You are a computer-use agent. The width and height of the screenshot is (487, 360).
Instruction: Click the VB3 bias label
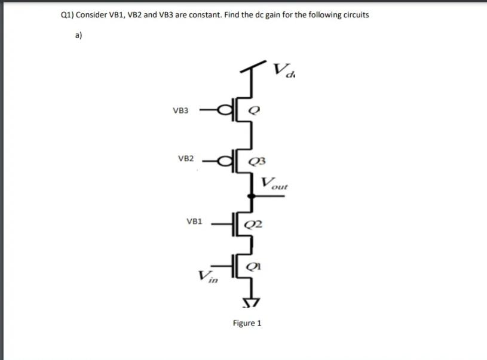pyautogui.click(x=180, y=110)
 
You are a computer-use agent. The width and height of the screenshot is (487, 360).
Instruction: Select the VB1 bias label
pyautogui.click(x=195, y=221)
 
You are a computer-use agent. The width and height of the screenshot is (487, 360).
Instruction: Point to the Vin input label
pyautogui.click(x=207, y=276)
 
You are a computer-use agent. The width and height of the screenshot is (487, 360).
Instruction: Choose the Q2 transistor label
pyautogui.click(x=253, y=225)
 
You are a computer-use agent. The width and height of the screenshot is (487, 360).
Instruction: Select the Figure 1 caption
pyautogui.click(x=247, y=324)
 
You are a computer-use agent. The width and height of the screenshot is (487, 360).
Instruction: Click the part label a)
pyautogui.click(x=79, y=35)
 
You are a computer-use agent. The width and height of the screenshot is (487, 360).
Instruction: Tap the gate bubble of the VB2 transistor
pyautogui.click(x=226, y=159)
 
